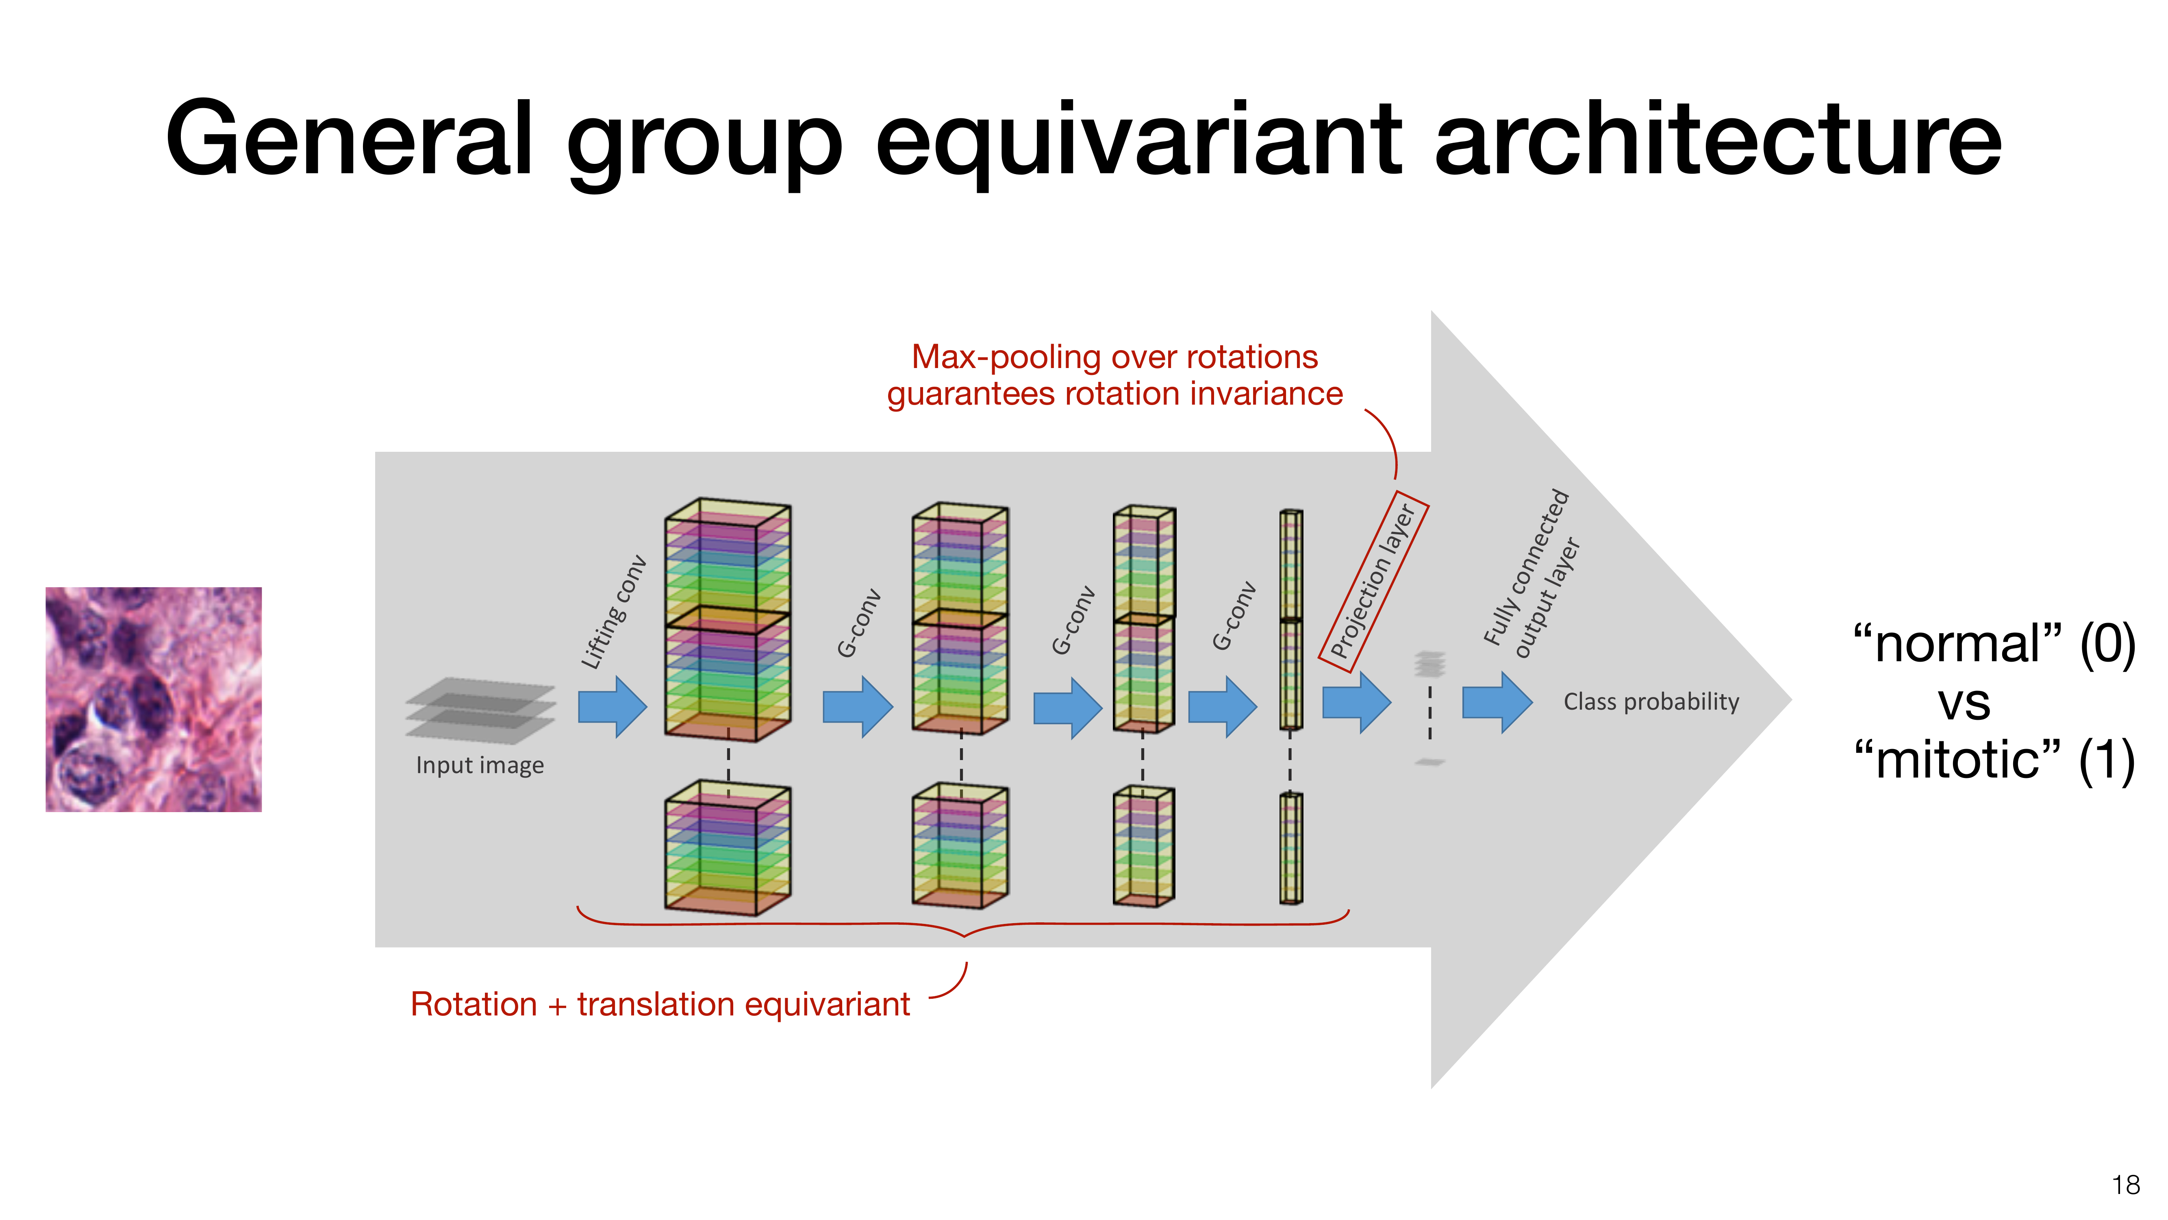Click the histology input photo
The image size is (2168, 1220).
(153, 699)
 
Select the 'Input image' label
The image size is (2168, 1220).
(480, 765)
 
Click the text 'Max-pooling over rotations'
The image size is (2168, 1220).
(1114, 357)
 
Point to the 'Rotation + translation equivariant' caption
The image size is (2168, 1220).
(660, 1004)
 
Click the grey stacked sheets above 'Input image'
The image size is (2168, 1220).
(480, 710)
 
